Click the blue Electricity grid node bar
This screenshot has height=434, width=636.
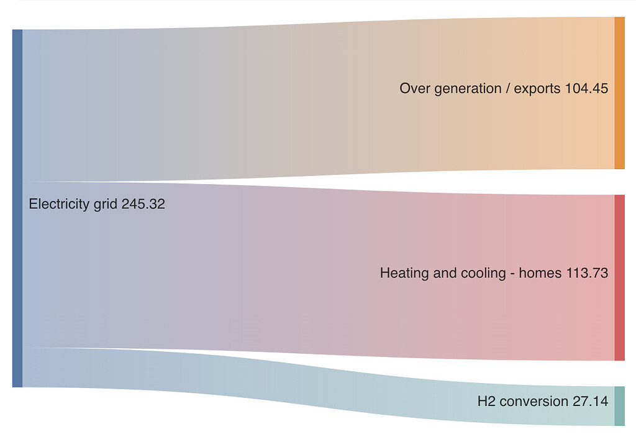[x=17, y=208]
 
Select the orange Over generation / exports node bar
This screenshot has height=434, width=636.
[x=619, y=93]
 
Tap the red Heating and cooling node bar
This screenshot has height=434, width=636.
[x=619, y=277]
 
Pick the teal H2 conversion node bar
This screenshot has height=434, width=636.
[x=619, y=405]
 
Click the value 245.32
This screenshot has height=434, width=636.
[x=143, y=204]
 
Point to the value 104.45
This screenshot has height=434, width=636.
[x=586, y=89]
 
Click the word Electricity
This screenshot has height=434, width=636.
[x=58, y=204]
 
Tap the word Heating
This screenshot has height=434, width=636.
[x=402, y=273]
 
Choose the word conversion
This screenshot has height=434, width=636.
[x=532, y=402]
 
